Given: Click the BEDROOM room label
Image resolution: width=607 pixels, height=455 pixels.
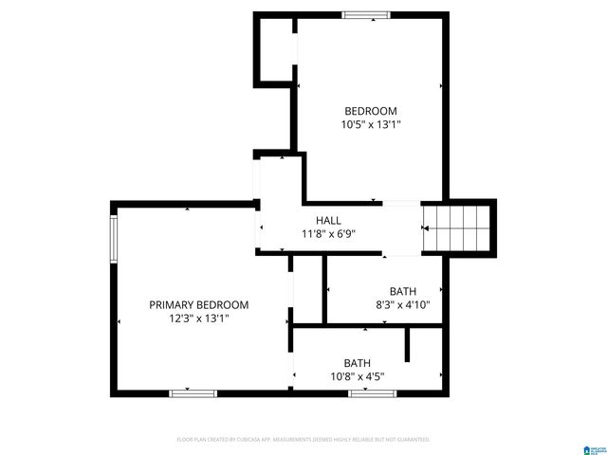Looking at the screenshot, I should coord(370,111).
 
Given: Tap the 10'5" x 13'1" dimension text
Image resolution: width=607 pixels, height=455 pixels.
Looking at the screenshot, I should coord(370,124).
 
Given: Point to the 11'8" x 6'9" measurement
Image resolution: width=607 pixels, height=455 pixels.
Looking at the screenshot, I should coord(328,234).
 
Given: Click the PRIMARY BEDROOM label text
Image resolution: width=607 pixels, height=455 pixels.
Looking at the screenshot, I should coord(199,305).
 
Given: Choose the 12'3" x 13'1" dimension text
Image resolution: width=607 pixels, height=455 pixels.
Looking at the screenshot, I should coord(199,318).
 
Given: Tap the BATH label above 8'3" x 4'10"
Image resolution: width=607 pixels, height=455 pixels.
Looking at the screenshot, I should coord(402,291).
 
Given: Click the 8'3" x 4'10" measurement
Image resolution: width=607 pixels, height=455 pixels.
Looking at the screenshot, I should coord(402,305).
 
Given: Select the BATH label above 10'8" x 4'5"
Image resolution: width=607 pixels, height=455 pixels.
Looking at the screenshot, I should coord(357,363).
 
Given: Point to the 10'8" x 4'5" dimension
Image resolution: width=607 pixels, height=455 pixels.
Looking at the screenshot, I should coord(357,376).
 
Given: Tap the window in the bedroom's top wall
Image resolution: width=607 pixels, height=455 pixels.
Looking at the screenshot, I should coord(366,14).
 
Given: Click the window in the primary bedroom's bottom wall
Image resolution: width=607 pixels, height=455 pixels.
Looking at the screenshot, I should coord(193,392).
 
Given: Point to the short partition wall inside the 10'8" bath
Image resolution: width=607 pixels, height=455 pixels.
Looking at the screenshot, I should coord(408,344).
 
